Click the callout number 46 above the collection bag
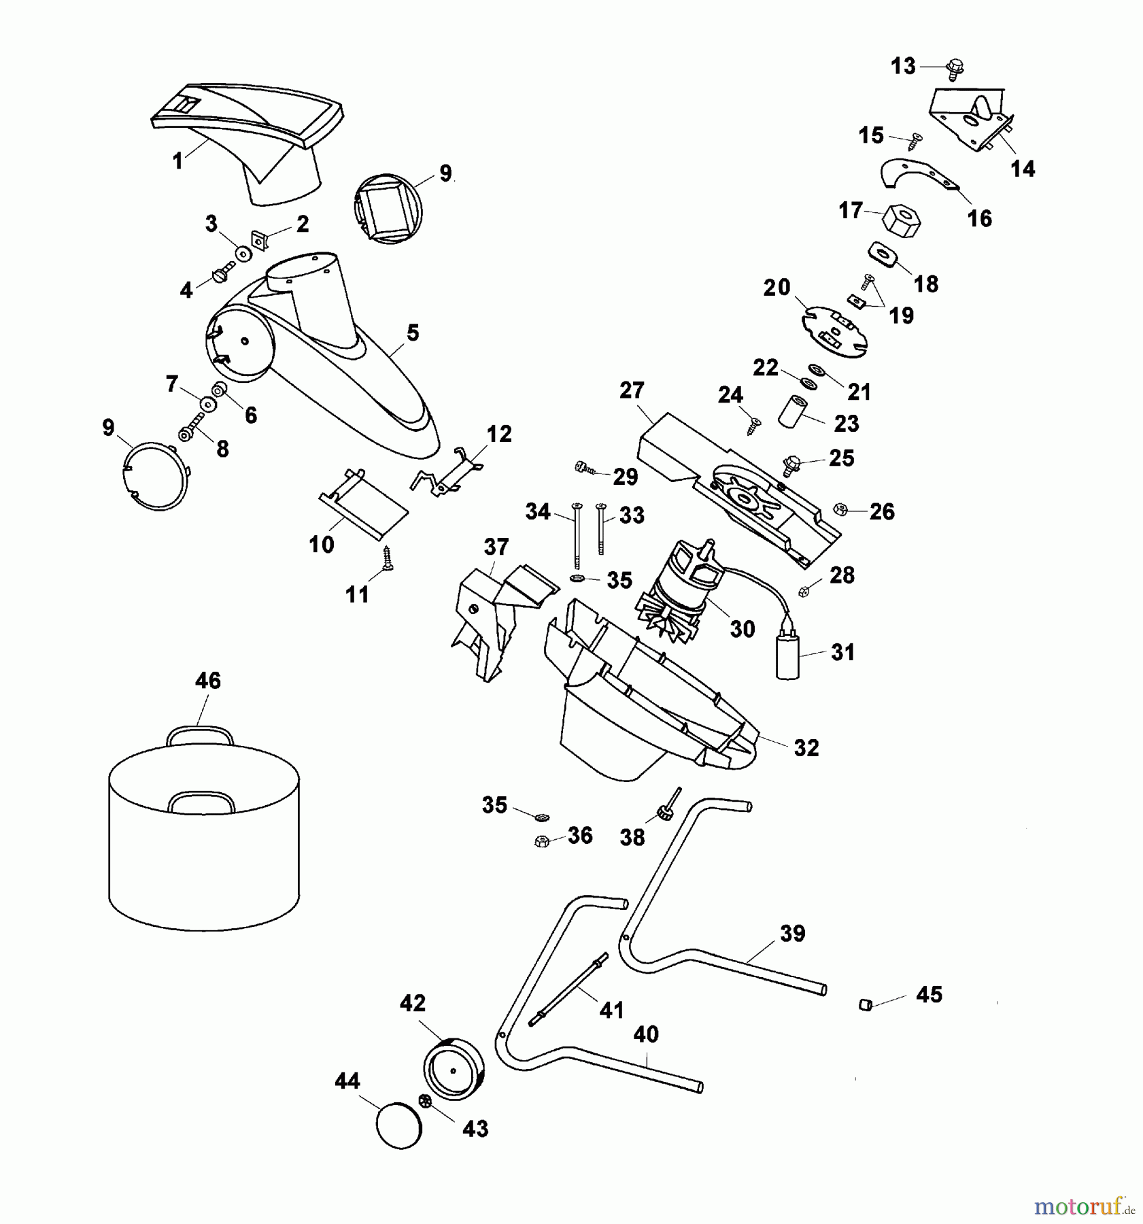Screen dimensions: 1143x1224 point(208,681)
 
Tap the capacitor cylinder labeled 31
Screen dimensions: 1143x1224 point(788,654)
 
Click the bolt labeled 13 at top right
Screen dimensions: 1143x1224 point(955,68)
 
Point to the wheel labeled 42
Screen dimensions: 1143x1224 point(454,1070)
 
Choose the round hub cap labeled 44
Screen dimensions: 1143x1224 point(399,1125)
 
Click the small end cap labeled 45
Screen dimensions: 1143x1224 point(866,1004)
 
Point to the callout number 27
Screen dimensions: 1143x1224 point(632,391)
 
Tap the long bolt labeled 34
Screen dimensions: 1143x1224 point(577,536)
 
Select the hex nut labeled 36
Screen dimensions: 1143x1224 point(542,841)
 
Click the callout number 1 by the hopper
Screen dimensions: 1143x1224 point(178,161)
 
